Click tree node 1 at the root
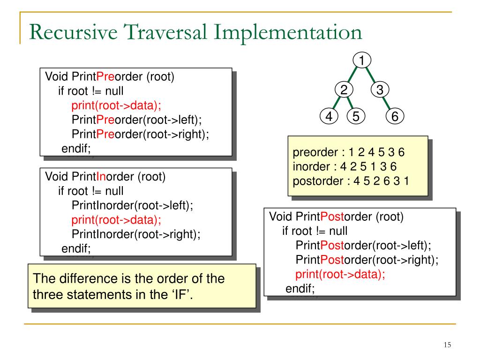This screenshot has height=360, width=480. pyautogui.click(x=362, y=60)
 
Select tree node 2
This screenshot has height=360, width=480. pyautogui.click(x=344, y=90)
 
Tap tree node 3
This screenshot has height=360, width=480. pyautogui.click(x=380, y=90)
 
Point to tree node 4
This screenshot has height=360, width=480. pyautogui.click(x=329, y=116)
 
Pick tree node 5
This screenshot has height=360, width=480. pyautogui.click(x=356, y=116)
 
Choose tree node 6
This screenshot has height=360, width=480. pyautogui.click(x=395, y=116)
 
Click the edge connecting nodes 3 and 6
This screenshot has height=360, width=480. pyautogui.click(x=387, y=103)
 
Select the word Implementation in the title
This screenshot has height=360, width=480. pyautogui.click(x=288, y=33)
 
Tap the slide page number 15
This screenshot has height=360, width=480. pyautogui.click(x=447, y=345)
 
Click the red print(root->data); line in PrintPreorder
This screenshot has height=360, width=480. pyautogui.click(x=120, y=105)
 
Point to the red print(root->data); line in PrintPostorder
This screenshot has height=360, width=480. pyautogui.click(x=340, y=274)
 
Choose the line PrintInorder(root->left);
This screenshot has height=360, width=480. pyautogui.click(x=132, y=205)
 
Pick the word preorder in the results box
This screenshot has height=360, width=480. pyautogui.click(x=315, y=153)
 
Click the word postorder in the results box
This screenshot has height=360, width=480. pyautogui.click(x=318, y=181)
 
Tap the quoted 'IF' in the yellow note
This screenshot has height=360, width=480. pyautogui.click(x=184, y=295)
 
